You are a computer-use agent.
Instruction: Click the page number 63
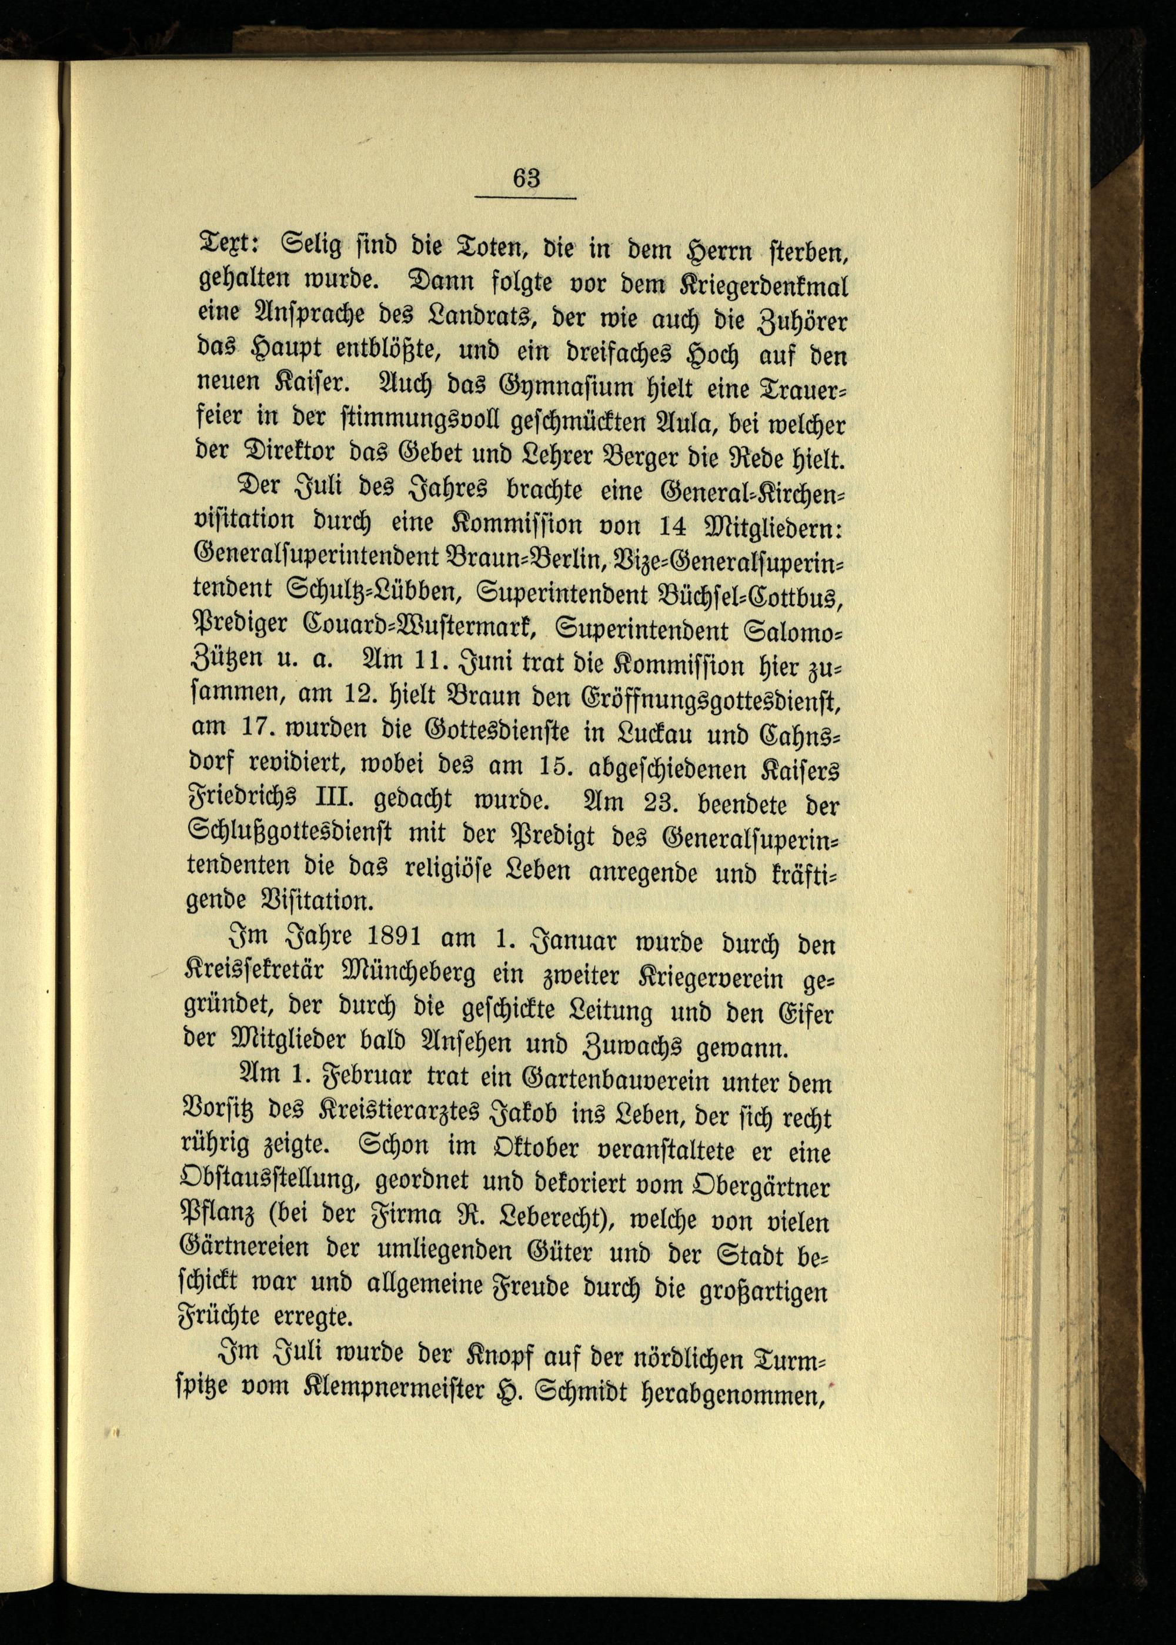[x=526, y=177]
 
